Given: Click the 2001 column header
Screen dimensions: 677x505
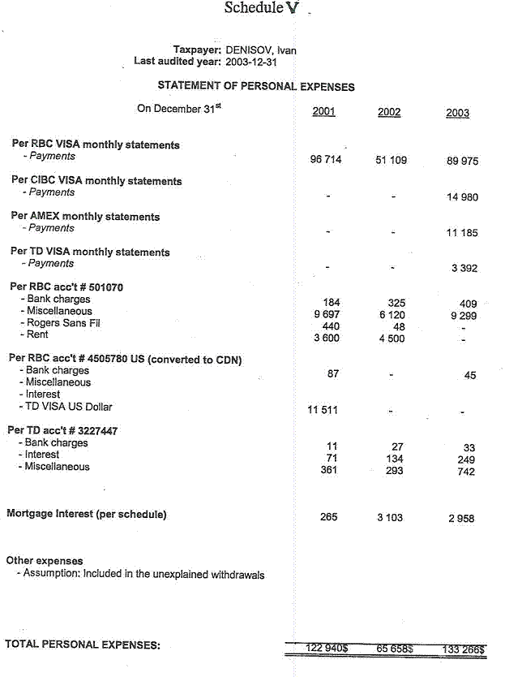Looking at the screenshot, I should [x=323, y=112].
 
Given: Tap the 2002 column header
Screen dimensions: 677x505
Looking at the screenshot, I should [x=389, y=112].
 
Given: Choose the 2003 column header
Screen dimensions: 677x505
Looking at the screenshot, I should [x=457, y=113].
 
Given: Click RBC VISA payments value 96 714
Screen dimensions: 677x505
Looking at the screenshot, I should [x=326, y=160].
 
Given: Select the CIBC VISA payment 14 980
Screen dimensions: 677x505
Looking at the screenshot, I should [x=462, y=197].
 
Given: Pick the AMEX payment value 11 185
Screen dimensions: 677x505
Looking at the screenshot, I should [x=462, y=233].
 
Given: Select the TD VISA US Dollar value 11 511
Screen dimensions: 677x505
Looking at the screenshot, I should [x=323, y=410].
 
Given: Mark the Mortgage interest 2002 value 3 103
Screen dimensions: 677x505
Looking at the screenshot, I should [x=389, y=518].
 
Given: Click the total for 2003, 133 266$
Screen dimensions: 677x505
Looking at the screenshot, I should [x=464, y=649].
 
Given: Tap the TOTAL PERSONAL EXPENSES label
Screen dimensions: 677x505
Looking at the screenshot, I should [x=83, y=645].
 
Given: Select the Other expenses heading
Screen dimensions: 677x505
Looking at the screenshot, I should [x=45, y=561].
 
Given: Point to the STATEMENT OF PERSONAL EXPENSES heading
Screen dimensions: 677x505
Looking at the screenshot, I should [x=256, y=86].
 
